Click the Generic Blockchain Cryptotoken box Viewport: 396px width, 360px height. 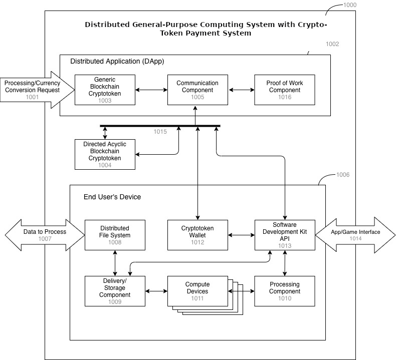pos(105,90)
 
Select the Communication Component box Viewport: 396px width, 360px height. pos(197,90)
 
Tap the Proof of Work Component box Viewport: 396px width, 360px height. pos(284,90)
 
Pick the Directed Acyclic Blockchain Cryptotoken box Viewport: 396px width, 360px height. pos(105,154)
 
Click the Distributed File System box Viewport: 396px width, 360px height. pos(115,235)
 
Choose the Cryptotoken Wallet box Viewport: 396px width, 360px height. pos(197,235)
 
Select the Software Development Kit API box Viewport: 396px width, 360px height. pos(285,235)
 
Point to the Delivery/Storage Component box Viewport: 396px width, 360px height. pos(115,291)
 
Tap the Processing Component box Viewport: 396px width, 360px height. pos(285,291)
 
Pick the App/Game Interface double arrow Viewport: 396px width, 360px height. pos(355,235)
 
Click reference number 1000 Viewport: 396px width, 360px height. pos(350,5)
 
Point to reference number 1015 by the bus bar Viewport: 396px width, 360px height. pos(160,132)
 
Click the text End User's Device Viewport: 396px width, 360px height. pos(112,197)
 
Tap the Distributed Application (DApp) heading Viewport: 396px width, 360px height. pos(117,61)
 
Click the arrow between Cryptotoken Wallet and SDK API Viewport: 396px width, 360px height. pos(241,235)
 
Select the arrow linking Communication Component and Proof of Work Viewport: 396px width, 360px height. pos(242,90)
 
